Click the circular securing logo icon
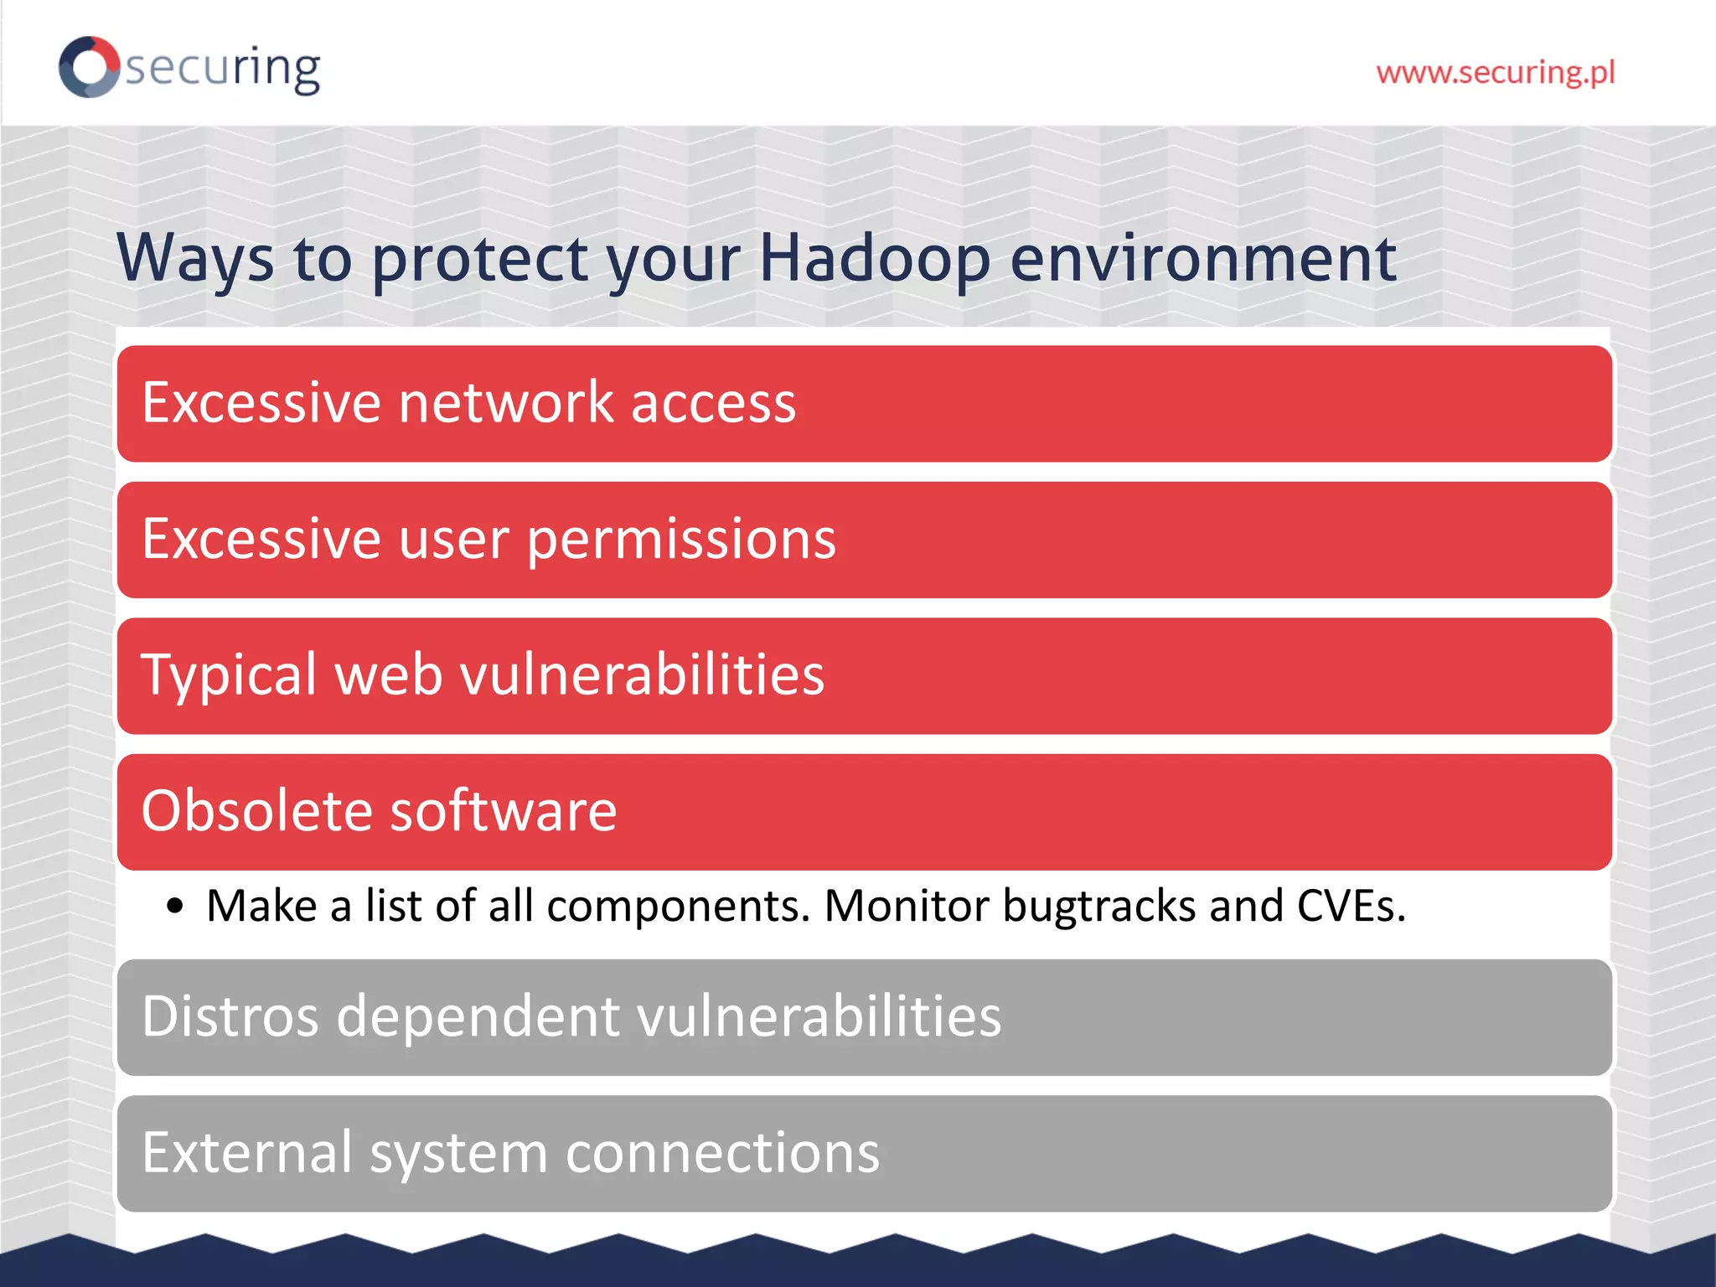[x=89, y=67]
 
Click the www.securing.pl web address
[x=1495, y=73]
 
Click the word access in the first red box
[x=712, y=403]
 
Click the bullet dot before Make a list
[x=174, y=906]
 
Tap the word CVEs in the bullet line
[x=1351, y=906]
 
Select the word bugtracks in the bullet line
[x=1098, y=907]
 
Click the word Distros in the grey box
[x=230, y=1016]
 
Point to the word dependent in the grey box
[x=478, y=1016]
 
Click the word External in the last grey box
[x=246, y=1153]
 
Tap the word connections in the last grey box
[x=722, y=1153]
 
